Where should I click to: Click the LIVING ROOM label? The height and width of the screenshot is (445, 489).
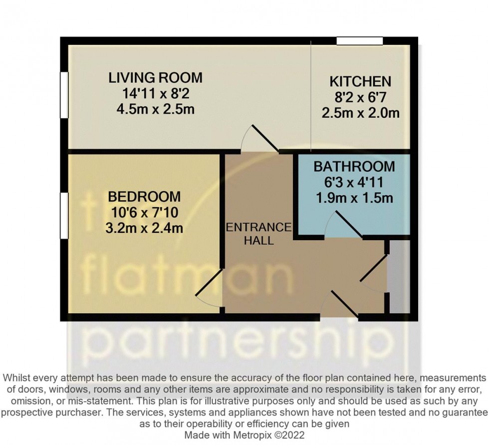tap(156, 77)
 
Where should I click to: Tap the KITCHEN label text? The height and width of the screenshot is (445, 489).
tap(360, 81)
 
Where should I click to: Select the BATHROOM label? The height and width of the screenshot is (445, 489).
tap(354, 166)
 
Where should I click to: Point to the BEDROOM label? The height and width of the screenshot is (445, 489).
tap(145, 196)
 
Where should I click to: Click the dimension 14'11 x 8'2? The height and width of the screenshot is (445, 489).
tap(156, 93)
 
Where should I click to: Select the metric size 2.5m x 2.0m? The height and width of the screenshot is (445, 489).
tap(360, 113)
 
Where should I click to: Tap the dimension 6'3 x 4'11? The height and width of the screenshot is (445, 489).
tap(354, 182)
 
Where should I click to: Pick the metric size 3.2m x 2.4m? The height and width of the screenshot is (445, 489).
tap(145, 229)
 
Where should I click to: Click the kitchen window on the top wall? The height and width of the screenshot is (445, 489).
tap(359, 40)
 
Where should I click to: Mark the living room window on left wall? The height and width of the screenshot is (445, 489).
tap(64, 95)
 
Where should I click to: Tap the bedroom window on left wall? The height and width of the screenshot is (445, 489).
tap(64, 216)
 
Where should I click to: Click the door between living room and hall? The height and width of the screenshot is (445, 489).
tap(259, 139)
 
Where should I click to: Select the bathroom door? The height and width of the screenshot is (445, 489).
tap(344, 224)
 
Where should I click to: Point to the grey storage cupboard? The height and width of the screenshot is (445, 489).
tap(399, 277)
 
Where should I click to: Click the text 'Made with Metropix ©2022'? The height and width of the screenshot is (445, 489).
tap(244, 435)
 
